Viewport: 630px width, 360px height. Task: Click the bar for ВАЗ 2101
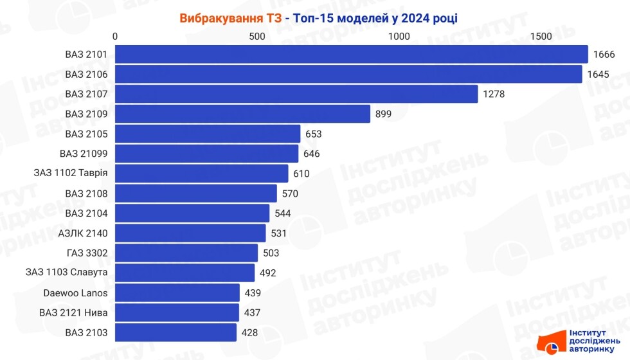(x=352, y=54)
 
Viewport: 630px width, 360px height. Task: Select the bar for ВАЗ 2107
(x=296, y=94)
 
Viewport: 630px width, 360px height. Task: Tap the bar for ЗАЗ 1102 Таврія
(x=202, y=174)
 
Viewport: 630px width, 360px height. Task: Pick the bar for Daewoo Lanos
(x=177, y=293)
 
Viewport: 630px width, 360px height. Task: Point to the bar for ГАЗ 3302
(x=186, y=253)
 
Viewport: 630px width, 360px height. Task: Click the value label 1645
(x=598, y=75)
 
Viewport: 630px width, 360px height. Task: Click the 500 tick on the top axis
(x=257, y=36)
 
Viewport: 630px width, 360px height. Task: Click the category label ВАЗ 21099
(x=83, y=154)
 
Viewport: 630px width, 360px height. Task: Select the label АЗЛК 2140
(x=82, y=233)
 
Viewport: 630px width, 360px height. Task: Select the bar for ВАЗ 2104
(x=192, y=213)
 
